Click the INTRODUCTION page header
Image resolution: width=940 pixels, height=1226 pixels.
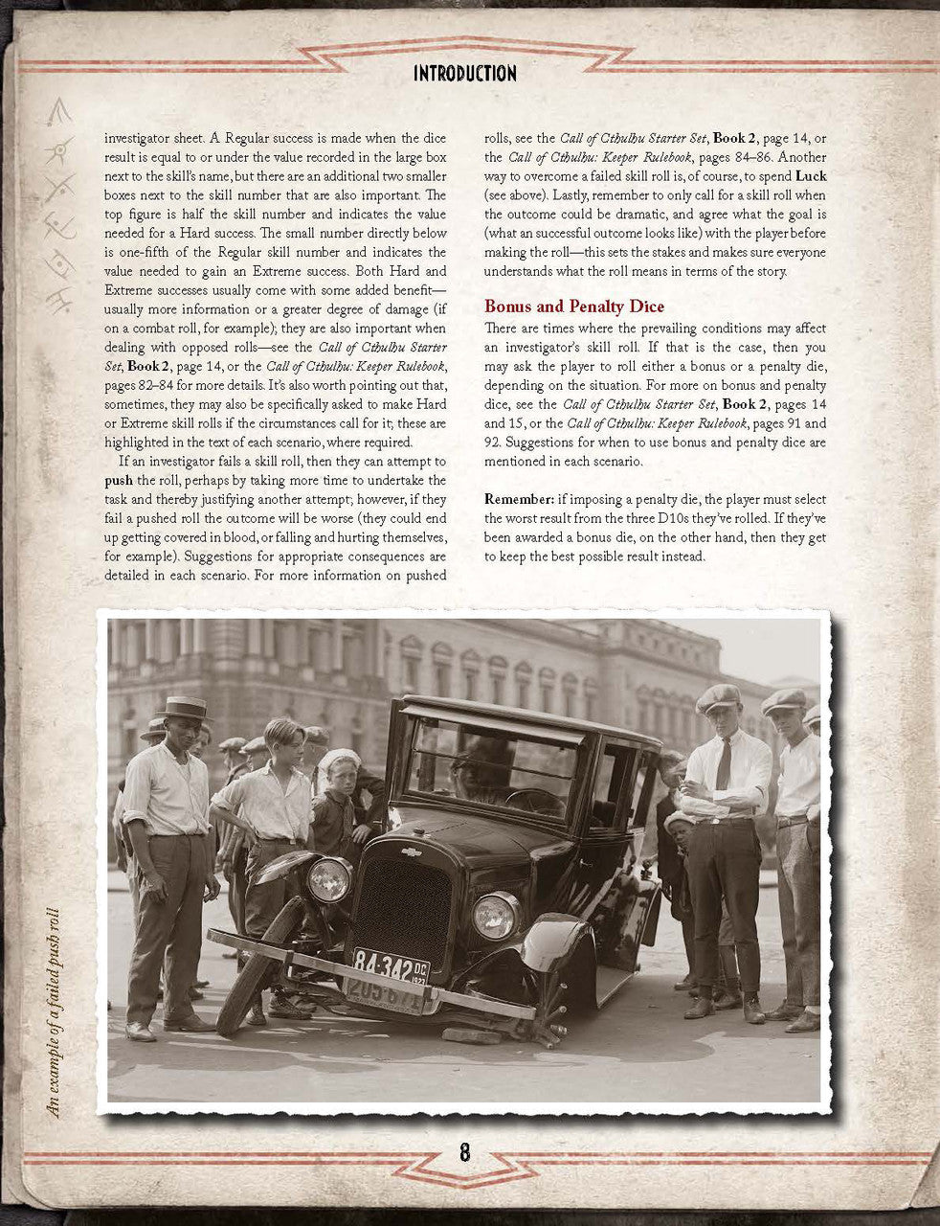pyautogui.click(x=464, y=74)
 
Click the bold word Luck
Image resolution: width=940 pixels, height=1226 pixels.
pyautogui.click(x=811, y=177)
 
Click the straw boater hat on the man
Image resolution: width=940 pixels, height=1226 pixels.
pyautogui.click(x=183, y=707)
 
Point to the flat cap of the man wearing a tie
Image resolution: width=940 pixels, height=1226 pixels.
pyautogui.click(x=718, y=697)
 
